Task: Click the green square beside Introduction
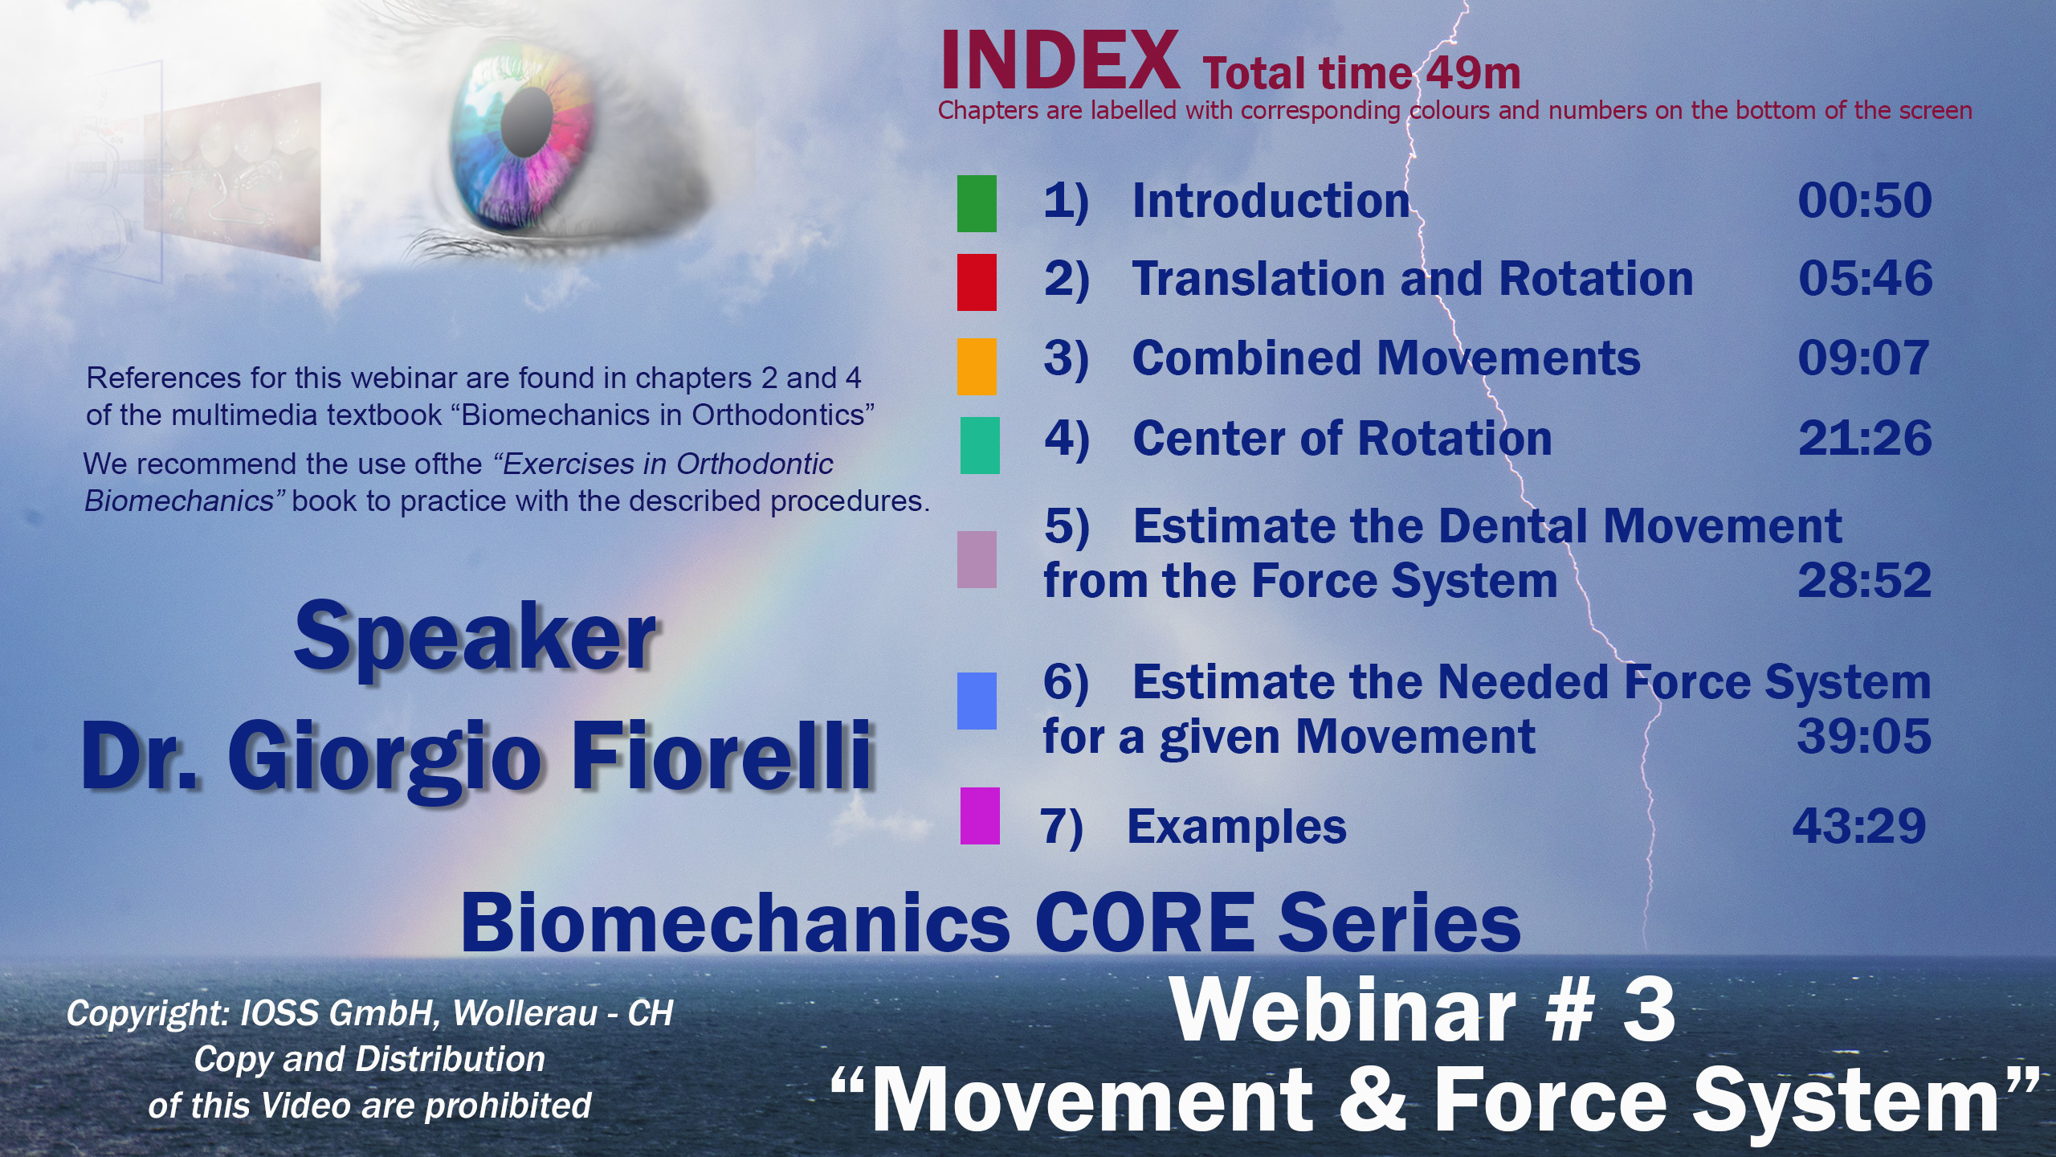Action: pos(977,204)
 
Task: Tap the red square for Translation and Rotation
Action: pos(977,282)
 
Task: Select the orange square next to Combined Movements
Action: pos(977,366)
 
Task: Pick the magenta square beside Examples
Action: pos(980,816)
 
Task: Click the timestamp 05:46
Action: pos(1865,278)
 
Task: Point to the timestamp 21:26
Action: pos(1865,438)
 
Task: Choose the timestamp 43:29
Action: pos(1859,825)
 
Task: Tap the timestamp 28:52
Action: pos(1864,580)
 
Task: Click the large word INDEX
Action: pos(1059,60)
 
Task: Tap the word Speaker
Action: pos(475,638)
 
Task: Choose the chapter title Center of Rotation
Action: pos(1342,438)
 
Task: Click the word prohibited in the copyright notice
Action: pos(508,1106)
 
